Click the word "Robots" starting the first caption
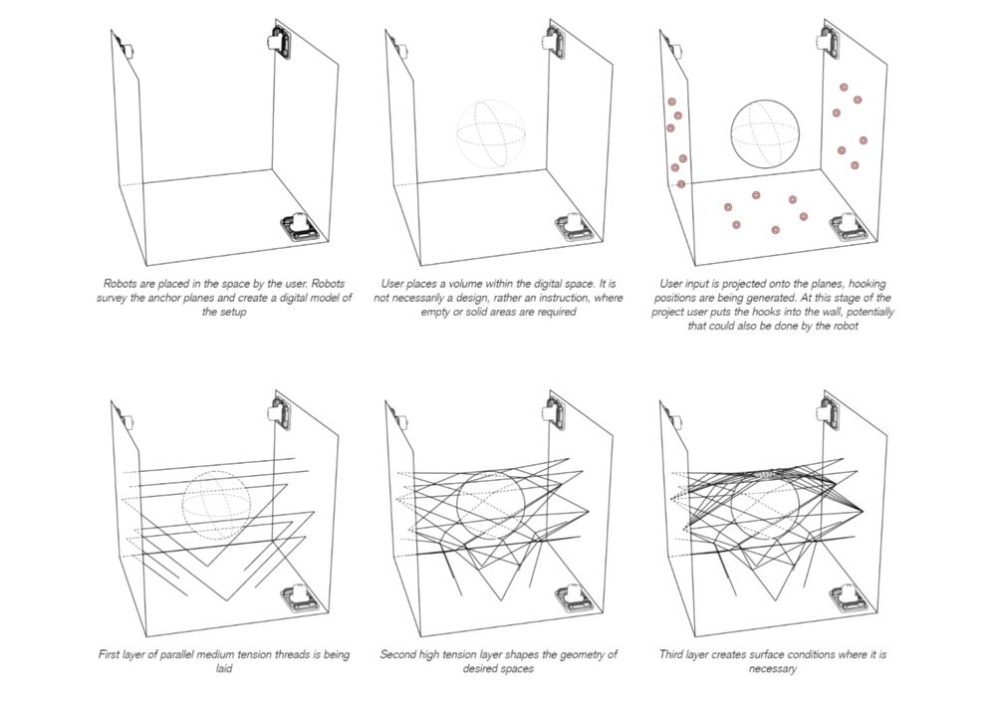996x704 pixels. pos(122,283)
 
